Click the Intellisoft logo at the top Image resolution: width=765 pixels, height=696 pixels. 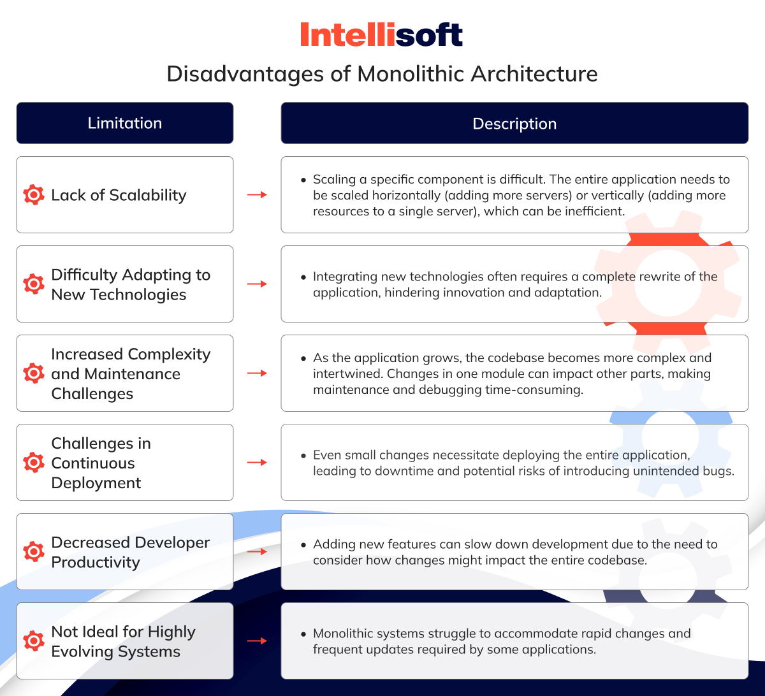382,34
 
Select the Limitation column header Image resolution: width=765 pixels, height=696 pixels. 125,123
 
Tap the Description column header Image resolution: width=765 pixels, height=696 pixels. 514,123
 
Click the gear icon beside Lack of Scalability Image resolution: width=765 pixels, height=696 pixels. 34,195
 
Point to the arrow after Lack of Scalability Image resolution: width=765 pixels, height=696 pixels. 257,195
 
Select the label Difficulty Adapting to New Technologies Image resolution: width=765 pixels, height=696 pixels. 131,284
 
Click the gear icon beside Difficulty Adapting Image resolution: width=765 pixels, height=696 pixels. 34,284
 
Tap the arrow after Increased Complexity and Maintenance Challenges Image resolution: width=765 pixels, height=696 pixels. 257,373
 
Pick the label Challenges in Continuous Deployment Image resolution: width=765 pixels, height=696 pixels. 101,463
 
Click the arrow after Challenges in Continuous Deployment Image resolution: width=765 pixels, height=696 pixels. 257,463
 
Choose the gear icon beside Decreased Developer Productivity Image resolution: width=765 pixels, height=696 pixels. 34,551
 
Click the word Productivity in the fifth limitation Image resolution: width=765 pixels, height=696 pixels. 96,563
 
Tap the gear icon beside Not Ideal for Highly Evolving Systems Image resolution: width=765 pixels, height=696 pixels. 34,641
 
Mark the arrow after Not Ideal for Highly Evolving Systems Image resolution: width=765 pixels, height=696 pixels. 257,641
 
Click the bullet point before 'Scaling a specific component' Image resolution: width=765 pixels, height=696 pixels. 303,180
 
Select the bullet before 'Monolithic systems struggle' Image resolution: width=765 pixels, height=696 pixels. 303,634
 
